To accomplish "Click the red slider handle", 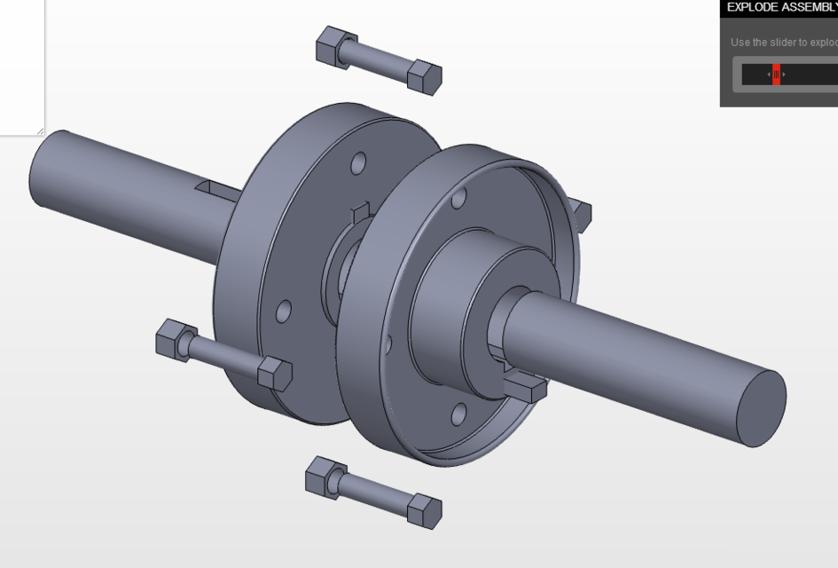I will (x=776, y=75).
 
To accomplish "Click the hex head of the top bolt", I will (x=424, y=76).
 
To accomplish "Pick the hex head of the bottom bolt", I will (x=424, y=510).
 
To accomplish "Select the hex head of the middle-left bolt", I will (x=275, y=373).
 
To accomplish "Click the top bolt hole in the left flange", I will (x=358, y=163).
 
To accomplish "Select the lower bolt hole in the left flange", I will (x=284, y=312).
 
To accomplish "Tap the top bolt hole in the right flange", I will (x=458, y=198).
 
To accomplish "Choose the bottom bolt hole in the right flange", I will (x=458, y=414).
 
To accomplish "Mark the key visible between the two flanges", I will (x=361, y=214).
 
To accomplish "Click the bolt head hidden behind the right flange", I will (x=581, y=213).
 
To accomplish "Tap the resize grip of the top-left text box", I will (x=40, y=131).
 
